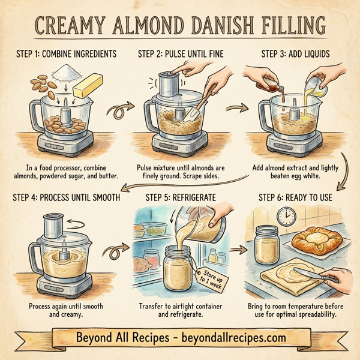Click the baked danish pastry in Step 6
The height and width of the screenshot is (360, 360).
(320, 240)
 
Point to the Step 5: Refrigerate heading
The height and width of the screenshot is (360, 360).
(179, 197)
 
